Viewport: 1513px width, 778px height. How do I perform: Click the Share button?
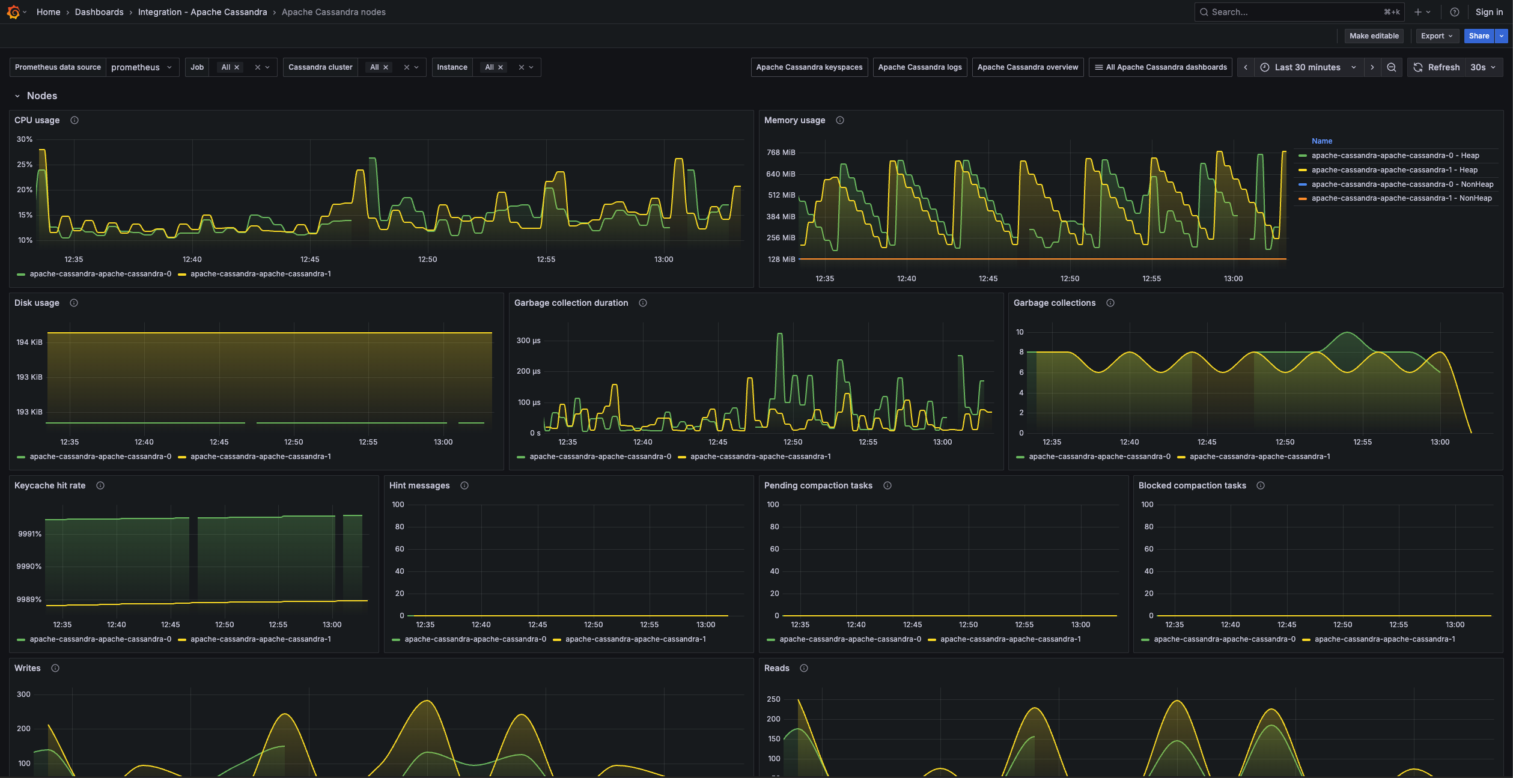click(1478, 36)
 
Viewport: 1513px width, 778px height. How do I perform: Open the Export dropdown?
click(1436, 36)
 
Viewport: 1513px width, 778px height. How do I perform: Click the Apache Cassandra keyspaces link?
click(809, 67)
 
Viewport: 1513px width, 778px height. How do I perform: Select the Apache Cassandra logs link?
click(919, 67)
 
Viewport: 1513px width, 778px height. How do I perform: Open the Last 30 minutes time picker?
click(1307, 67)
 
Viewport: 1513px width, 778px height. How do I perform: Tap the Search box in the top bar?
click(1292, 12)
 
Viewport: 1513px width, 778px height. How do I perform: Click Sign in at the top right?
click(1488, 12)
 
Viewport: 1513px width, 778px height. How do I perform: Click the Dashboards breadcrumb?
click(99, 12)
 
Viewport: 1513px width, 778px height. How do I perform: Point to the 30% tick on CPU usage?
click(25, 139)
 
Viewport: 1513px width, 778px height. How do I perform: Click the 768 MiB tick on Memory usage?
click(781, 153)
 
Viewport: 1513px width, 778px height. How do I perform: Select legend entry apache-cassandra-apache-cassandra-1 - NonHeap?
click(1401, 198)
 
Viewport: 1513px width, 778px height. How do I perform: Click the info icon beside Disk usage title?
click(74, 303)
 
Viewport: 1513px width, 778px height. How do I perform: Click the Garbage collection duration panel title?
click(571, 303)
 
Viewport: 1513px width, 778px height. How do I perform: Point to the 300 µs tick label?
click(528, 341)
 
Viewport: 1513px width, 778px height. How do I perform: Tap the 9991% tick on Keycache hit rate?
click(29, 534)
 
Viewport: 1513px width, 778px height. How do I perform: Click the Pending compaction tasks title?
click(818, 485)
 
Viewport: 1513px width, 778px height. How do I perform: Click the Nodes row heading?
click(42, 96)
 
